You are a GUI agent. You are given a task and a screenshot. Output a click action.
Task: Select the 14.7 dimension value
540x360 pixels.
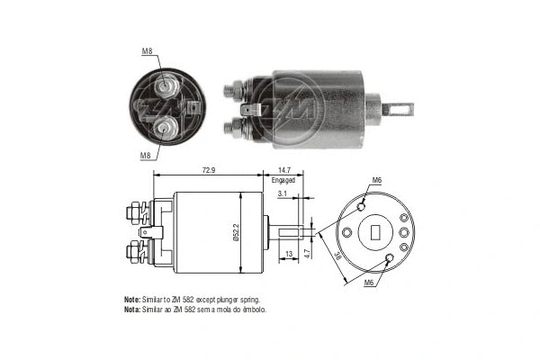click(x=284, y=169)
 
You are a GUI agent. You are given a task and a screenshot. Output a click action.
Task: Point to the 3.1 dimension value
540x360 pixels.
click(x=283, y=194)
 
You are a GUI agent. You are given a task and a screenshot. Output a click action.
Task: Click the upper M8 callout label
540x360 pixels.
click(x=147, y=51)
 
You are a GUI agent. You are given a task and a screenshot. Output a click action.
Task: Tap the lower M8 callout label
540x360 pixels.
click(x=146, y=154)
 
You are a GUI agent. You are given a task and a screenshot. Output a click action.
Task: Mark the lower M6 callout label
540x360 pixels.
click(x=369, y=283)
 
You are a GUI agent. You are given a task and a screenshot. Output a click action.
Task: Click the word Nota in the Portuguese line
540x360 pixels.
click(x=132, y=309)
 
